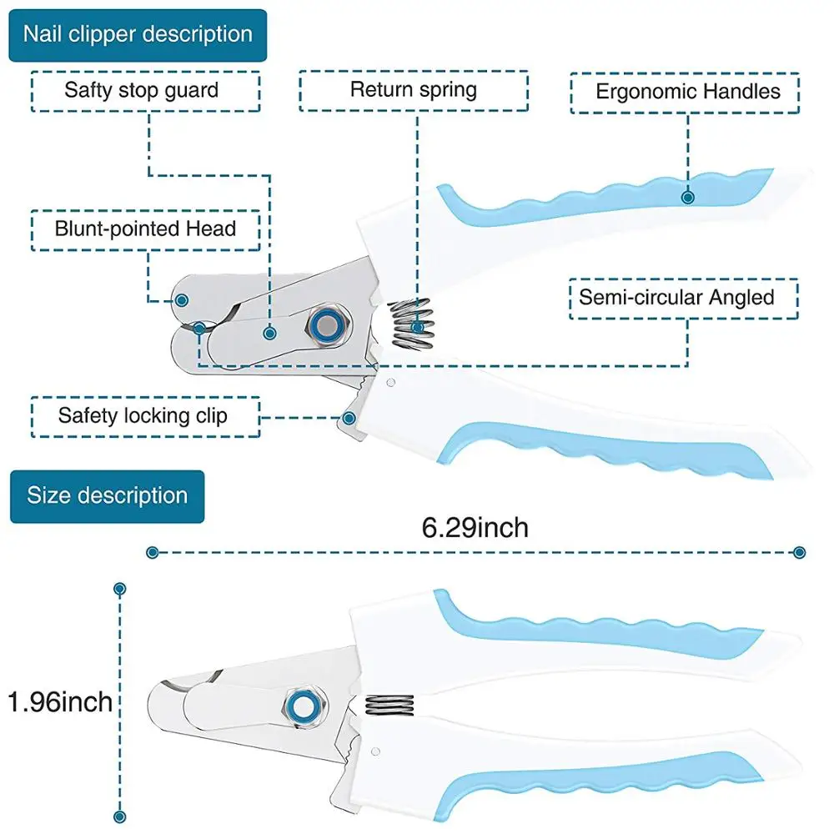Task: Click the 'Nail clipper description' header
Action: pyautogui.click(x=138, y=35)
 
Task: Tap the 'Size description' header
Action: pyautogui.click(x=107, y=496)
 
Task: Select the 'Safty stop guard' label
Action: pyautogui.click(x=142, y=91)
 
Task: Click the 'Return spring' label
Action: pyautogui.click(x=414, y=90)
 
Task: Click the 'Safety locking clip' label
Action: pyautogui.click(x=143, y=415)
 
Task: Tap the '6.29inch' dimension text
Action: pyautogui.click(x=475, y=527)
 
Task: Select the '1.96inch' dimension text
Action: pyautogui.click(x=60, y=701)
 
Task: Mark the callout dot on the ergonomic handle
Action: pyautogui.click(x=688, y=198)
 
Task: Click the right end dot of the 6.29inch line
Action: pyautogui.click(x=800, y=552)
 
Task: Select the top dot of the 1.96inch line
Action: pyautogui.click(x=120, y=589)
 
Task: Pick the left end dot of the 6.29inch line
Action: pyautogui.click(x=152, y=552)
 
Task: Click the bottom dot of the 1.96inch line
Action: pyautogui.click(x=120, y=818)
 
